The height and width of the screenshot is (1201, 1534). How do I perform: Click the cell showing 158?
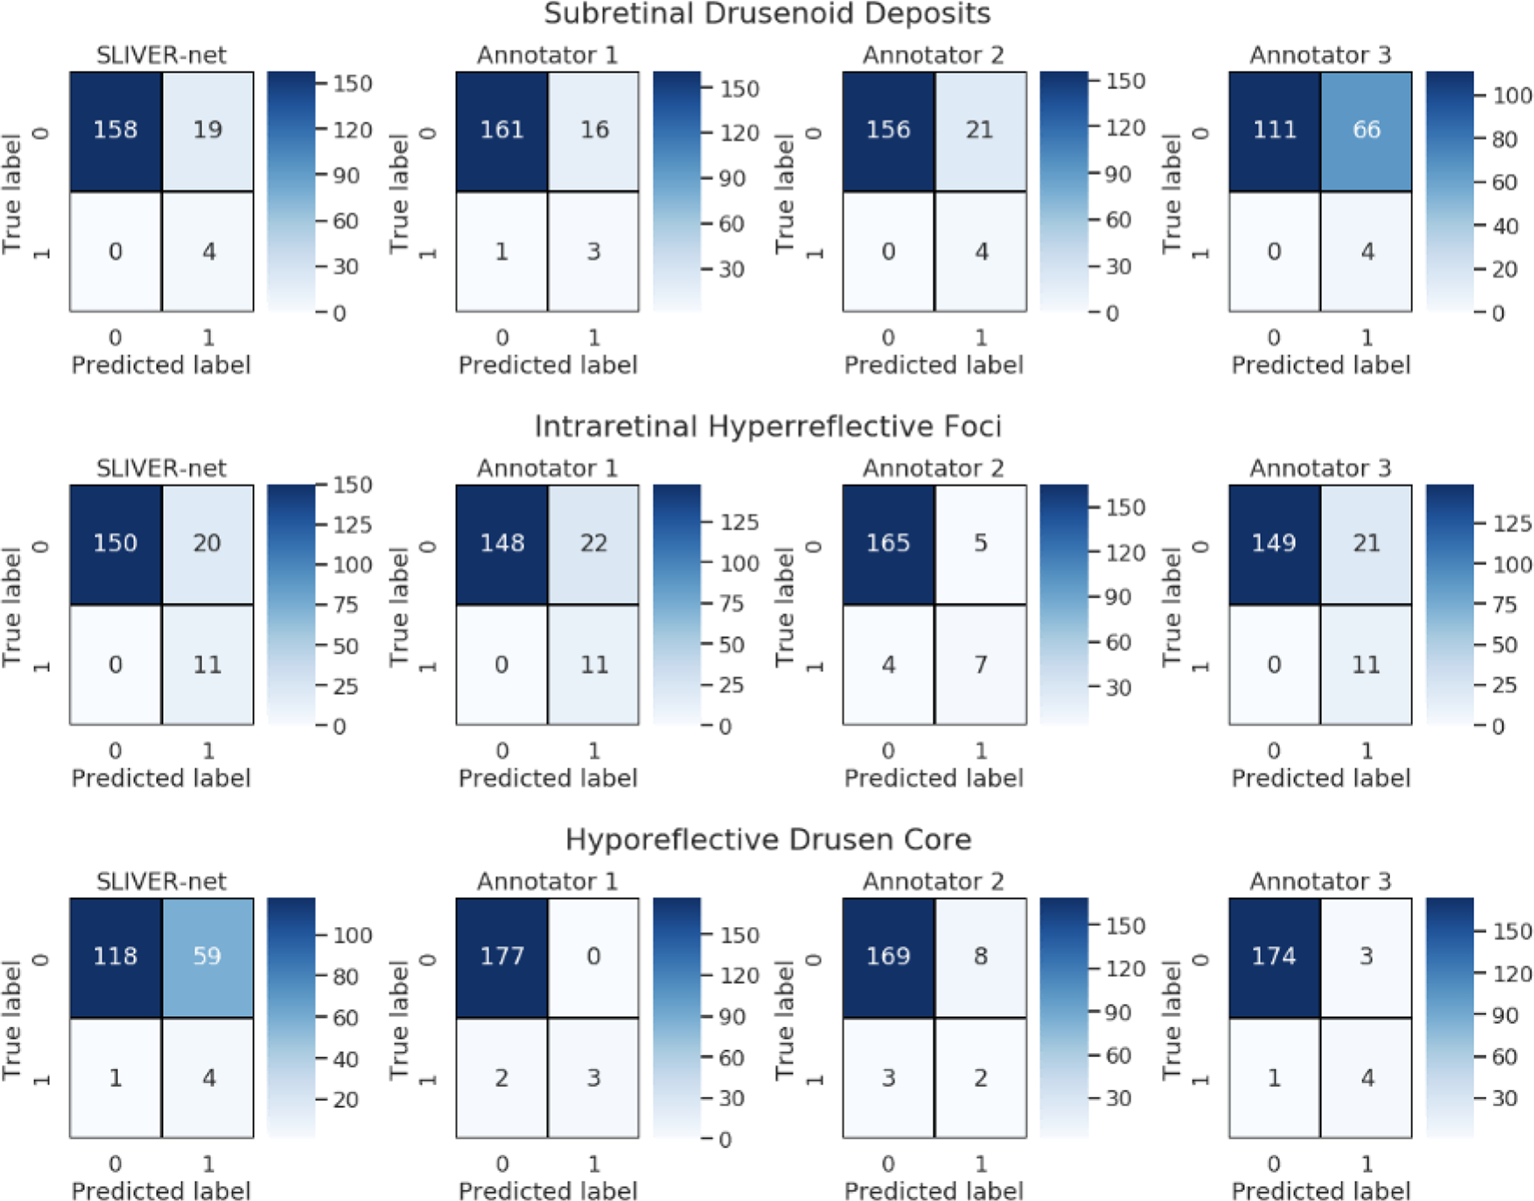(x=116, y=131)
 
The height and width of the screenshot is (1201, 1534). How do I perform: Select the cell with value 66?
(x=1367, y=131)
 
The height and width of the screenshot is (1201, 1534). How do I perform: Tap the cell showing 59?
(x=208, y=957)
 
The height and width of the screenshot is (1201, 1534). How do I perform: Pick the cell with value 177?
(x=502, y=957)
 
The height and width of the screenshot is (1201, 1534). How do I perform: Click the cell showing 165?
(x=888, y=544)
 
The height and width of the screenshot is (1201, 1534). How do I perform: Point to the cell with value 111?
(x=1275, y=131)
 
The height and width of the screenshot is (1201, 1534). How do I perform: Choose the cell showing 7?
(x=980, y=665)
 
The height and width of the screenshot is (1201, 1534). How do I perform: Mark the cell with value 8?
(x=980, y=957)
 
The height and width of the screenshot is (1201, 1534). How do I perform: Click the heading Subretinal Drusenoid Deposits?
(x=767, y=14)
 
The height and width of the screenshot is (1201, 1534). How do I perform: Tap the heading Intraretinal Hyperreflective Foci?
(x=767, y=426)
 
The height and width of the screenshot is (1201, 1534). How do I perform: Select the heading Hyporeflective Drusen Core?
(x=767, y=840)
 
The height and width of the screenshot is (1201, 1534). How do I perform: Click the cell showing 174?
(x=1275, y=957)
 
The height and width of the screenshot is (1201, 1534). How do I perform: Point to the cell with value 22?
(x=593, y=544)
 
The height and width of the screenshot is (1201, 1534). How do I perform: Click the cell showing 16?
(x=593, y=131)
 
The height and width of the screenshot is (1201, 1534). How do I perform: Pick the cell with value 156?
(x=888, y=131)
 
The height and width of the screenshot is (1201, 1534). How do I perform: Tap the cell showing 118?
(x=116, y=957)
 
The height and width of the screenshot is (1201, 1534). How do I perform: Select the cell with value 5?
(x=980, y=544)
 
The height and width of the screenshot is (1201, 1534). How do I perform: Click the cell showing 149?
(x=1275, y=544)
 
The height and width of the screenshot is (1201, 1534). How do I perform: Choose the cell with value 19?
(x=208, y=131)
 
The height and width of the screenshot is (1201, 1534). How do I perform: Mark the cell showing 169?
(x=888, y=957)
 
